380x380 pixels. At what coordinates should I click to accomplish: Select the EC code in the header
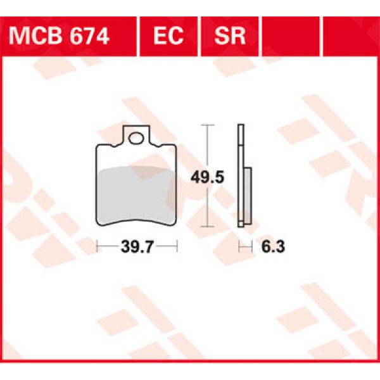pos(168,35)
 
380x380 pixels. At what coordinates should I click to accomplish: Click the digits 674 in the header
pos(91,35)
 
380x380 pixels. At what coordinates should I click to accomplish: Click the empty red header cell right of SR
pos(292,35)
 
